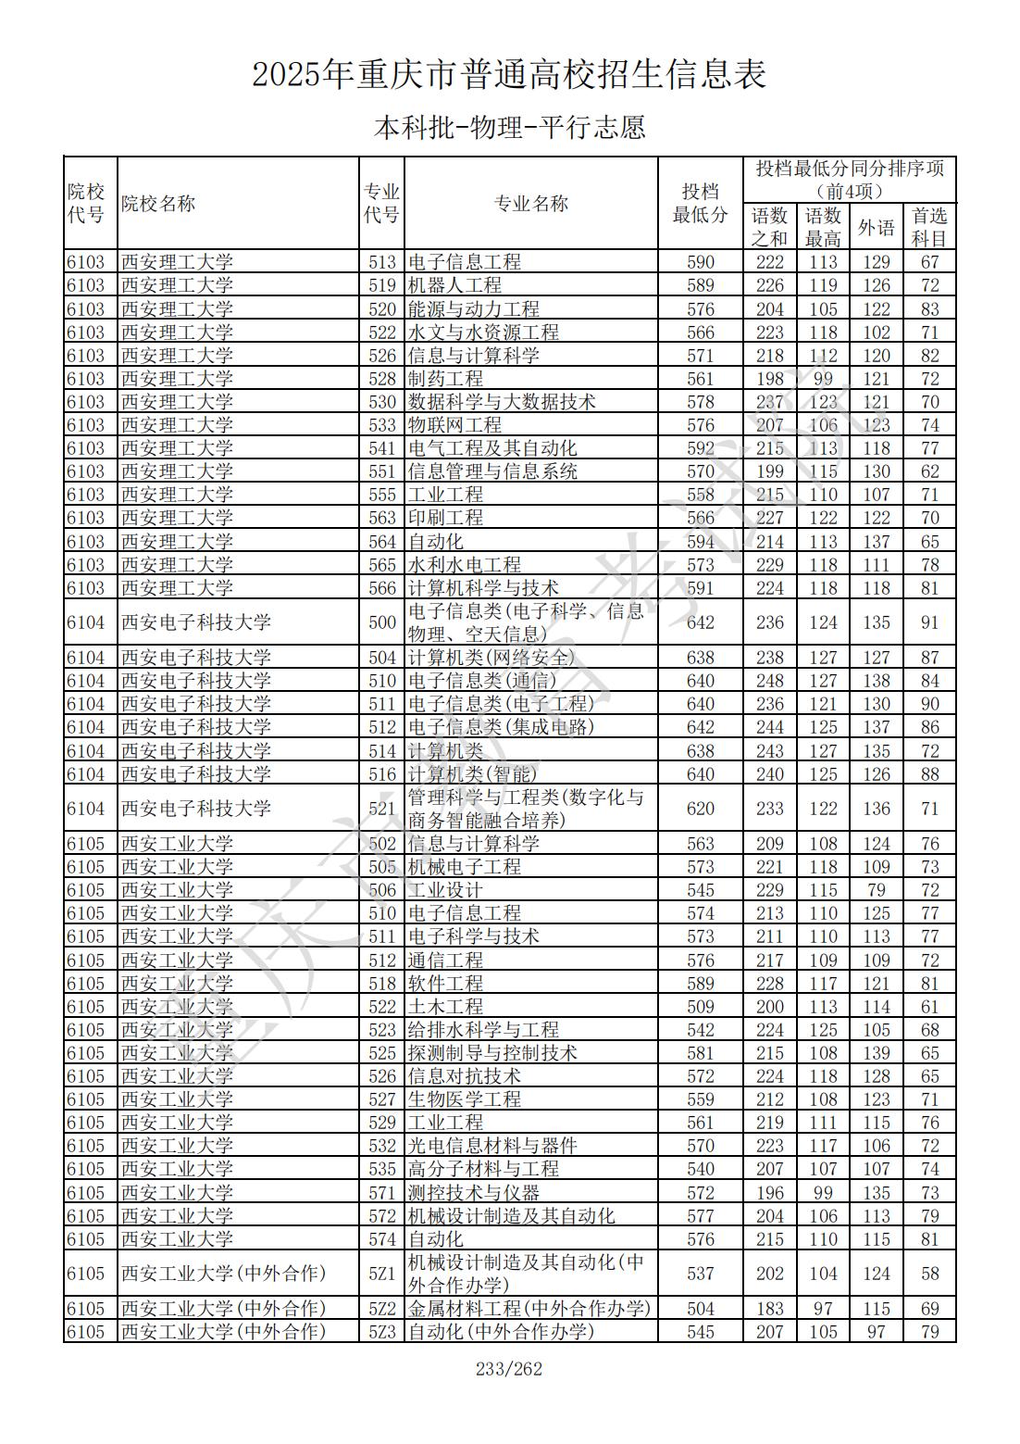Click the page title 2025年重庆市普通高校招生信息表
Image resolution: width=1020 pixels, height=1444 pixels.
[x=509, y=74]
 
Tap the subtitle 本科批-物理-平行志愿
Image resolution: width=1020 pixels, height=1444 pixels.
[x=509, y=127]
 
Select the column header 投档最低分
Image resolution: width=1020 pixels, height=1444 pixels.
[x=700, y=203]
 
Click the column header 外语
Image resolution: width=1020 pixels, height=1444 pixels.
[x=876, y=227]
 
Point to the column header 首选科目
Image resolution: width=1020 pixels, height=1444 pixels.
[x=929, y=227]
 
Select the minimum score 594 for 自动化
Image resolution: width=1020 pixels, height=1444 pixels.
[x=700, y=542]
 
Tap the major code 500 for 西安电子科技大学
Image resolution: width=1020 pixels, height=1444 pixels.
[x=382, y=622]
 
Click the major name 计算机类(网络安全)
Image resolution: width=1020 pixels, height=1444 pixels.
[x=491, y=658]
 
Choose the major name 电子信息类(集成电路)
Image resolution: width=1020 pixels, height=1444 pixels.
[x=501, y=727]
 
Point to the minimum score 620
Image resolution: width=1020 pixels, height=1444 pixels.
[x=700, y=809]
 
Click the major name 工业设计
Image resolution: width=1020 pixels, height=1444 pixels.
[x=445, y=890]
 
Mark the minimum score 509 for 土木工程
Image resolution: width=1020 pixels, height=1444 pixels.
[x=700, y=1007]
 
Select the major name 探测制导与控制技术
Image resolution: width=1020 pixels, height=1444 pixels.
[x=492, y=1053]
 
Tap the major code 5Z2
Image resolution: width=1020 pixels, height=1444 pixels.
[x=382, y=1309]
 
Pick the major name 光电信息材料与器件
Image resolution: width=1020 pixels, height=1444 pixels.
[x=492, y=1146]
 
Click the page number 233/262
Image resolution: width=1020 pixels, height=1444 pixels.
[x=509, y=1369]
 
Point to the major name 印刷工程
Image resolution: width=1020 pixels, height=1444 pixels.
[x=445, y=518]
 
